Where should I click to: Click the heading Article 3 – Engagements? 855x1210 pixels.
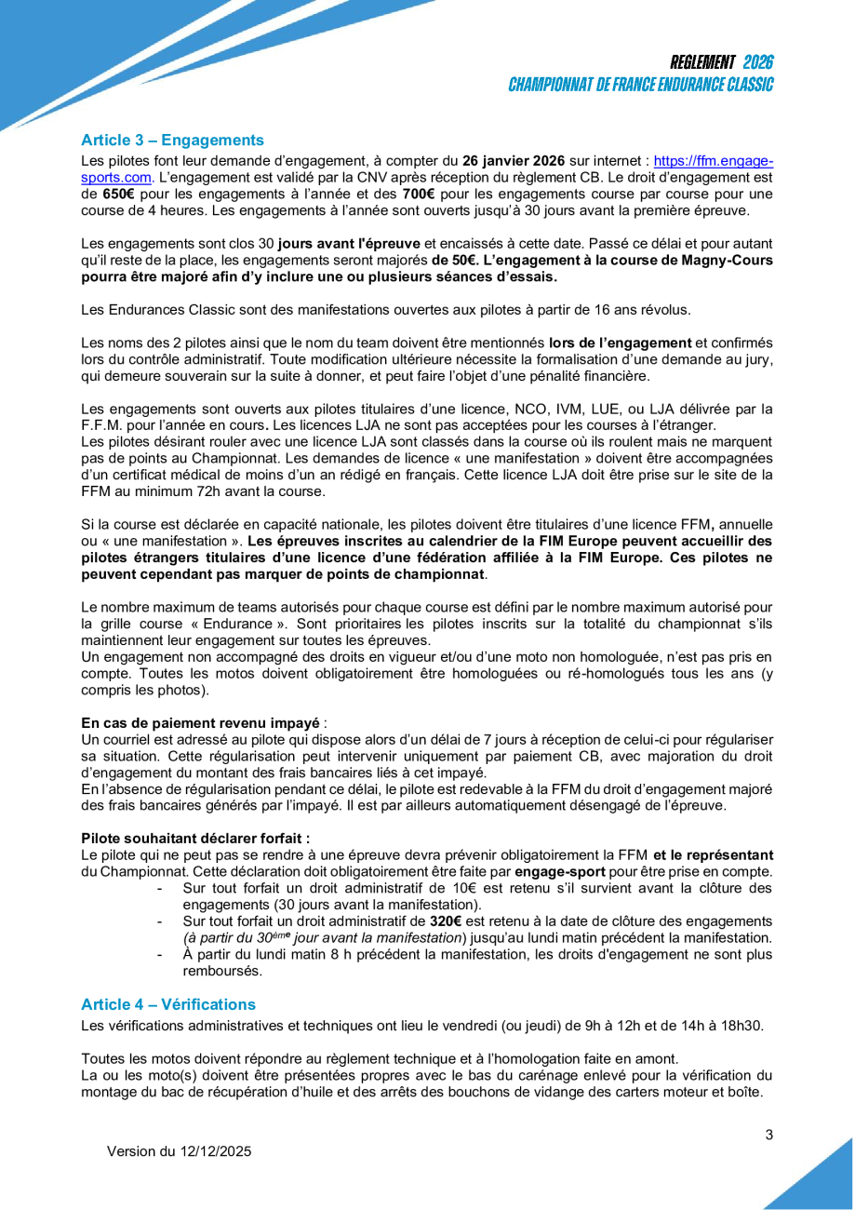[172, 141]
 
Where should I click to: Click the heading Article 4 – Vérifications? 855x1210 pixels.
[167, 1004]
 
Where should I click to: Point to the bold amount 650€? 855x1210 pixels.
[118, 194]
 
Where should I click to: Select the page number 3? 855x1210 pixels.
[768, 1135]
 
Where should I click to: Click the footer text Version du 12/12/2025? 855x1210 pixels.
[179, 1151]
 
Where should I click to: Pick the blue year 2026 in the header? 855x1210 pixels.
[758, 62]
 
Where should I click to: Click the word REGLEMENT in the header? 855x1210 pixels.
[701, 62]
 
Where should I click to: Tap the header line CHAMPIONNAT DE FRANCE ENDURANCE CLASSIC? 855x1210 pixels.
[640, 85]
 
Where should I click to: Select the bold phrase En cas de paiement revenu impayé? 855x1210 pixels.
[201, 722]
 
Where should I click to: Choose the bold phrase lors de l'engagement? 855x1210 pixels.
[621, 343]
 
